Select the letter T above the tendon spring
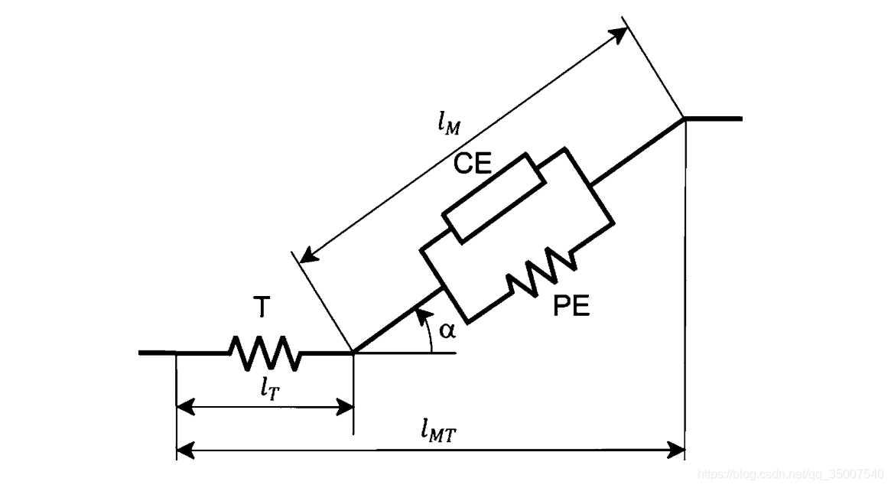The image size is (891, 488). tap(262, 307)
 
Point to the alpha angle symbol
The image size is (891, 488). tap(447, 330)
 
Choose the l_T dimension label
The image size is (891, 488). tap(268, 389)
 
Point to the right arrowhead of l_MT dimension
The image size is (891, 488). tap(677, 451)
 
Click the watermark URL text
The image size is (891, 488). tap(792, 474)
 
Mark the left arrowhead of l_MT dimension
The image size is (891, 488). tap(184, 451)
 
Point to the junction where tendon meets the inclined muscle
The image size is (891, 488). tap(353, 353)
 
